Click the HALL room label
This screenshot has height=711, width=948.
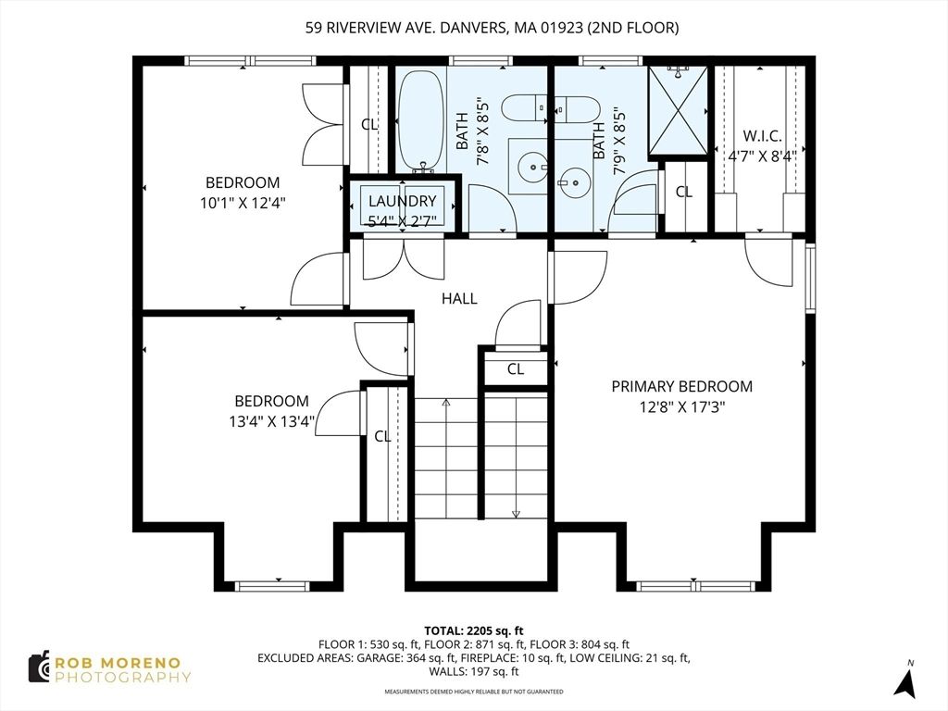(x=459, y=298)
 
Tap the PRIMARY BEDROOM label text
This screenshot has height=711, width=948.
(x=681, y=386)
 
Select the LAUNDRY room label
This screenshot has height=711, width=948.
(x=402, y=201)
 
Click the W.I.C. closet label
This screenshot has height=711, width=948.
(x=762, y=136)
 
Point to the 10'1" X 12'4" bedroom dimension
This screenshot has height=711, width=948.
(x=243, y=202)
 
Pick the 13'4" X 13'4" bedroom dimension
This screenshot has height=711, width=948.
(x=271, y=421)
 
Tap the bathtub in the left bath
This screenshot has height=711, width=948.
(x=421, y=120)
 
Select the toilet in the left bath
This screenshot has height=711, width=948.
(x=525, y=108)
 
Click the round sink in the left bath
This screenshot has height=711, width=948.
(x=531, y=168)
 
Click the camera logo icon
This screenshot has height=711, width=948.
(x=39, y=667)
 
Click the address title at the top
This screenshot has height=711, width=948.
(x=492, y=28)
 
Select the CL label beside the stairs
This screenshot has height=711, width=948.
(x=516, y=369)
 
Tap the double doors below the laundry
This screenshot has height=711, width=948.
(x=403, y=259)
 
